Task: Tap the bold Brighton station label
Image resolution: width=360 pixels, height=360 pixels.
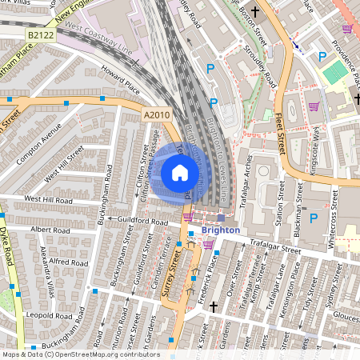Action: pos(220,230)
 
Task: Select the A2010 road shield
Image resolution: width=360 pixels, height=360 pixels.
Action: pos(157,115)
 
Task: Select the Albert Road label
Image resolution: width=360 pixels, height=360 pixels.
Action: pos(51,230)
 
